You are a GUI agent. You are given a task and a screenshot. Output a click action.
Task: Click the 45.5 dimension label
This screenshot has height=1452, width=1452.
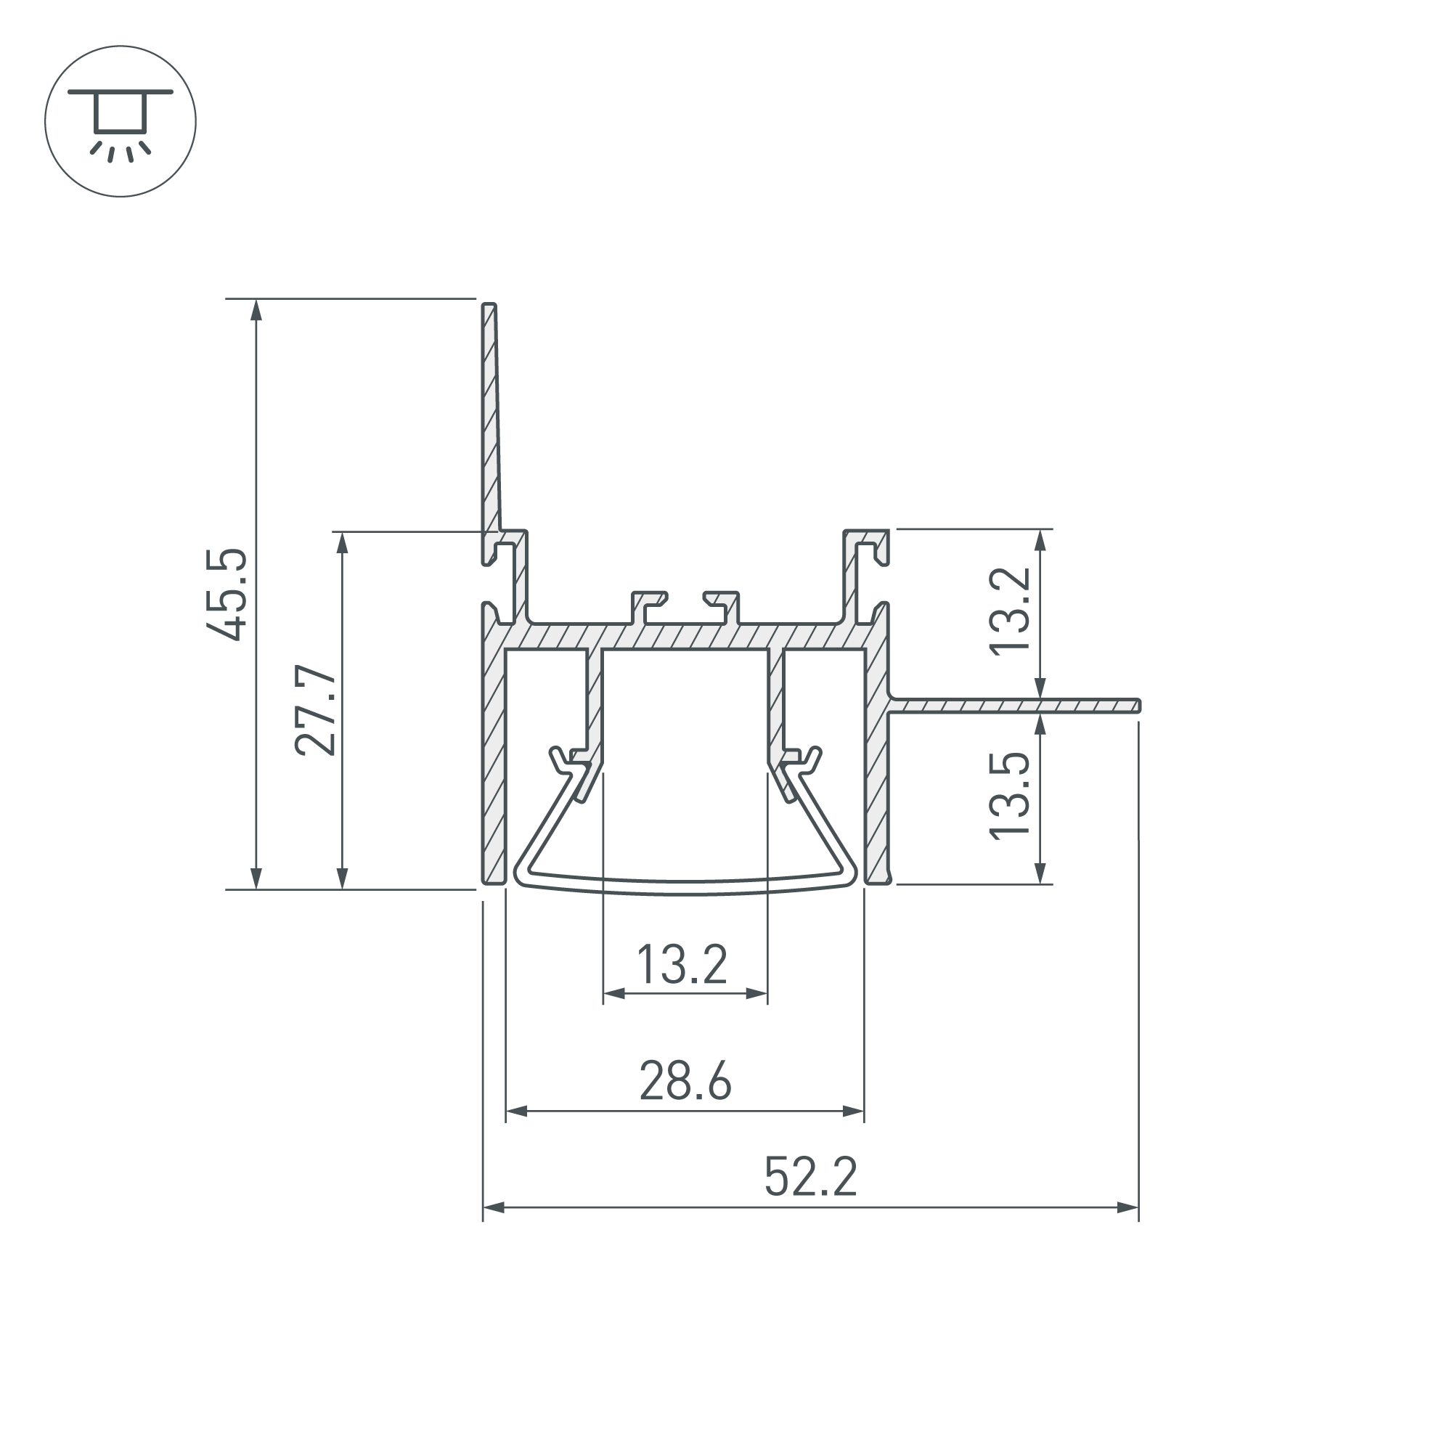227,595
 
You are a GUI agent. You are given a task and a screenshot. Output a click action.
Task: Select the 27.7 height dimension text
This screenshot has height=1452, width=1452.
314,709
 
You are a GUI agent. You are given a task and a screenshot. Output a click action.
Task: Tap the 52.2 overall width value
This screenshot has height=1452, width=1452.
810,1177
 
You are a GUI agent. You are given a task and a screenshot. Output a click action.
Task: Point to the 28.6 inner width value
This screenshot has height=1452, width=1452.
685,1082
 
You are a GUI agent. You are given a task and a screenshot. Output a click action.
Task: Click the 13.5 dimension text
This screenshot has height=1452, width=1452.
1008,796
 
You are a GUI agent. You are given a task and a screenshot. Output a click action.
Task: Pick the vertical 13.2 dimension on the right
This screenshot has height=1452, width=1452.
1008,613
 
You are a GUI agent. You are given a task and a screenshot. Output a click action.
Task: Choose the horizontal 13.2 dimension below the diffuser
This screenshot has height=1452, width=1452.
682,965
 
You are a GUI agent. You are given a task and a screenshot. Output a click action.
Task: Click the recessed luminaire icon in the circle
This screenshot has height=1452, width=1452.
121,121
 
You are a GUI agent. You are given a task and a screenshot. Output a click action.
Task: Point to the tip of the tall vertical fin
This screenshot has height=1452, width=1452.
489,306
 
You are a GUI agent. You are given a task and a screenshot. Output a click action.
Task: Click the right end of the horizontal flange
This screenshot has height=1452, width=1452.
1138,705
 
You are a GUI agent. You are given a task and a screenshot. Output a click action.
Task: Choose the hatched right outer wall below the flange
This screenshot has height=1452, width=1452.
876,796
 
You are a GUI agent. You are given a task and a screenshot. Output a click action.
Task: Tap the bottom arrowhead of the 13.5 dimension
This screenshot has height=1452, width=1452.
1040,874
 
